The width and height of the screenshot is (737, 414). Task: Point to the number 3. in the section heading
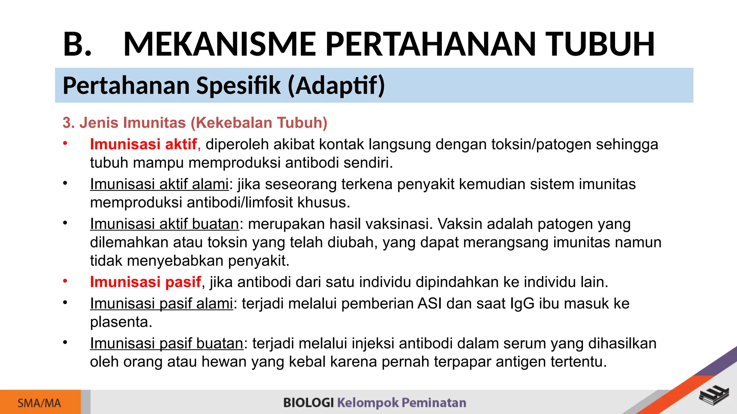tap(68, 123)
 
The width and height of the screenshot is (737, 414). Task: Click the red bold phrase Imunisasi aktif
tap(143, 144)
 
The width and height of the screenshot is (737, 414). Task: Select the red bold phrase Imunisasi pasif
tap(145, 282)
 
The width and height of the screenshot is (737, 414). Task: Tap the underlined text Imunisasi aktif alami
tap(159, 184)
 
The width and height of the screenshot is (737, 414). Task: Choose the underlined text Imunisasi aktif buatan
tap(164, 224)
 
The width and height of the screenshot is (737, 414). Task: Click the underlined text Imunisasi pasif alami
tap(161, 304)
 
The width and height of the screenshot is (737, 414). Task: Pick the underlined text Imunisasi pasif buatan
tap(166, 344)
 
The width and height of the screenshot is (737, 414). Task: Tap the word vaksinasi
tap(399, 224)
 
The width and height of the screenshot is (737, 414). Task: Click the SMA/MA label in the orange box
tap(39, 403)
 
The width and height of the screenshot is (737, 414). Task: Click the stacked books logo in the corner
tap(714, 396)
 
